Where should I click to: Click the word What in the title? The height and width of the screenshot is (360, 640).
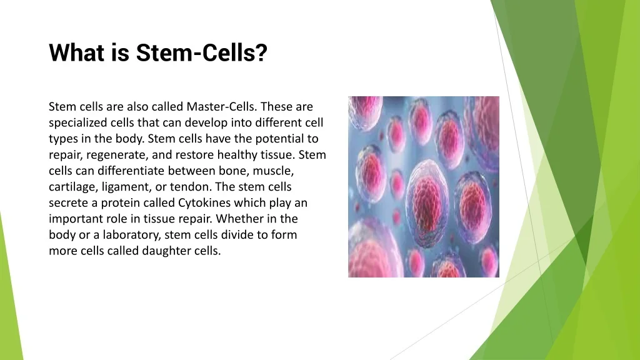click(77, 52)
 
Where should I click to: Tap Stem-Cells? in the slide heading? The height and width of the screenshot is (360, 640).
click(202, 52)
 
